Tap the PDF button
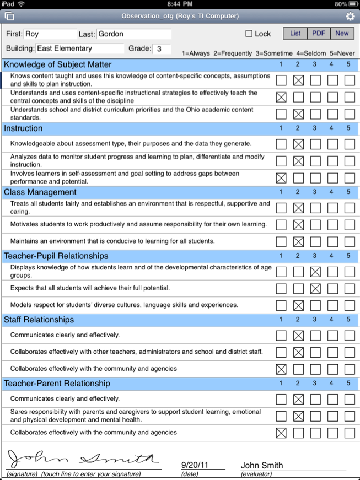point(319,33)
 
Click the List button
point(295,33)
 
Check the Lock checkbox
point(249,34)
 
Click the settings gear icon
point(350,17)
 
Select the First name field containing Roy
point(50,34)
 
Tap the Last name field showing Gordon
point(133,34)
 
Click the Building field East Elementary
point(80,48)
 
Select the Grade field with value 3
point(161,48)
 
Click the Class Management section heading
point(40,192)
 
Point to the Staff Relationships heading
point(39,320)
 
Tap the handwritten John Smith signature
point(83,459)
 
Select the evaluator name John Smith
point(262,465)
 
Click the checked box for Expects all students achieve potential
point(315,288)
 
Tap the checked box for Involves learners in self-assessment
point(281,178)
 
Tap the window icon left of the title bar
point(9,17)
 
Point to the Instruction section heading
point(23,128)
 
